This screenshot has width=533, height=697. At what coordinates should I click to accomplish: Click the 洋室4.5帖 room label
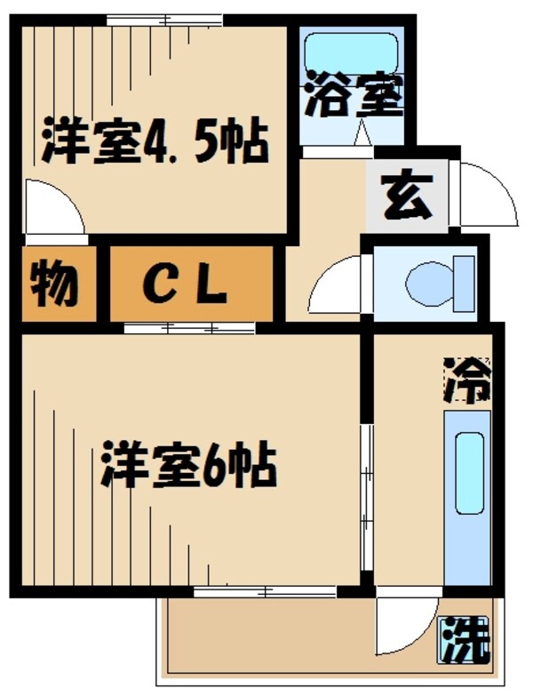[155, 141]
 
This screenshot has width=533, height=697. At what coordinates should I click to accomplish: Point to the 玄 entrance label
[408, 196]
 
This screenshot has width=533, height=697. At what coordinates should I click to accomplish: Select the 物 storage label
[56, 284]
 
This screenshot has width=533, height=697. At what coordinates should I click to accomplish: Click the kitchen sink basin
[469, 472]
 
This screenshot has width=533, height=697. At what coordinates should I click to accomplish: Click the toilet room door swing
[338, 284]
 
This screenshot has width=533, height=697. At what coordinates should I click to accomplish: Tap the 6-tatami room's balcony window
[265, 591]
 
